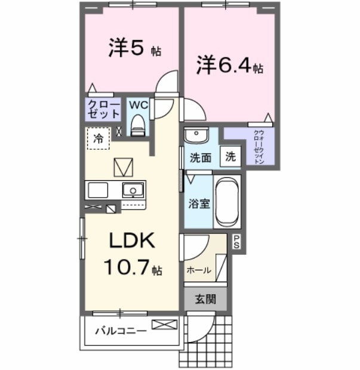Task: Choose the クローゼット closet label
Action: tap(104, 109)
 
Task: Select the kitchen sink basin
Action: tap(133, 190)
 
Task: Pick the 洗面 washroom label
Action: tap(201, 158)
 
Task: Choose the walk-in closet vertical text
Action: tap(259, 146)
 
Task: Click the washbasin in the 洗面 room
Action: tap(195, 135)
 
